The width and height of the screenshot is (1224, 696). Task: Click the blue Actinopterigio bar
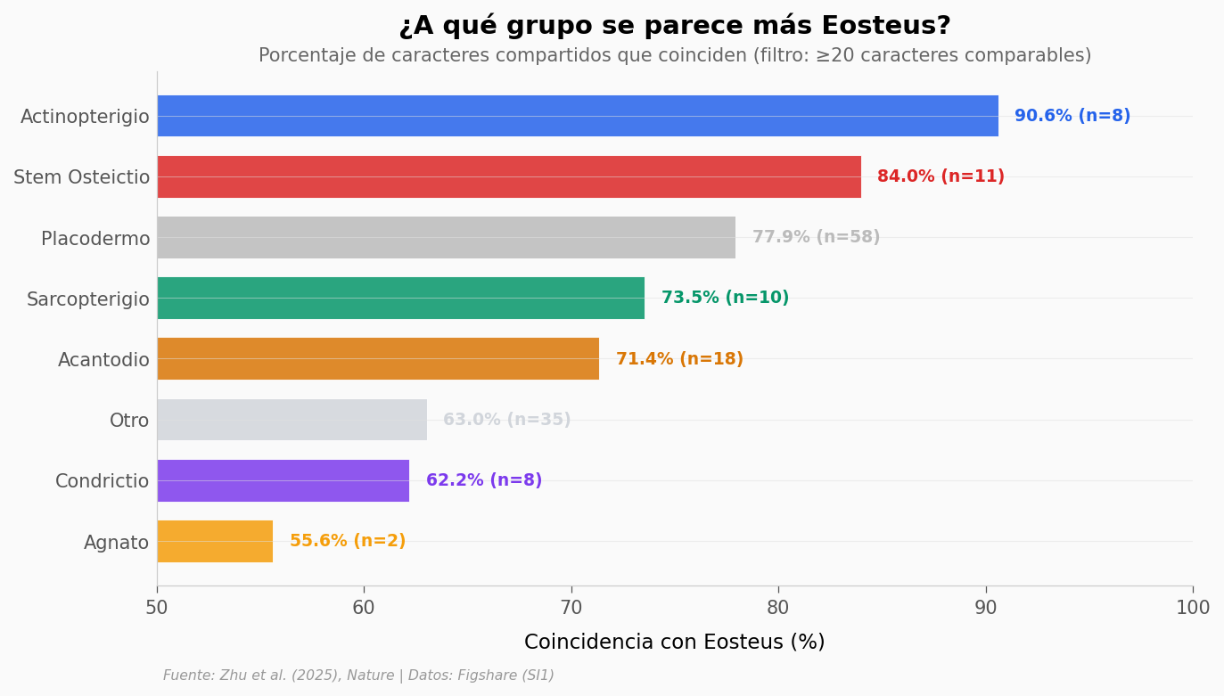tap(578, 116)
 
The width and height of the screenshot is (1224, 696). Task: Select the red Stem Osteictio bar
tap(509, 176)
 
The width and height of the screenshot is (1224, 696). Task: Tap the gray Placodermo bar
tap(446, 237)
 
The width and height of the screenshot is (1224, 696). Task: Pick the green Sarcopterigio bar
tap(400, 298)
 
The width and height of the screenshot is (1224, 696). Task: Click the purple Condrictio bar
tap(283, 480)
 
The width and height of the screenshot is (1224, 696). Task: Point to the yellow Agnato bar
tap(215, 541)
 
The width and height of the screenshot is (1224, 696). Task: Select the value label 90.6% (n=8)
tap(1072, 116)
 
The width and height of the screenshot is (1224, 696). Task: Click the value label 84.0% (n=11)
tap(941, 176)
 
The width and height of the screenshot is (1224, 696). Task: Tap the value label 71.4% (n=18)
tap(679, 359)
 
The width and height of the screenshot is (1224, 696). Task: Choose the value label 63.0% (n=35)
tap(506, 420)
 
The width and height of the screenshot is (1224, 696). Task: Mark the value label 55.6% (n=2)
tap(348, 541)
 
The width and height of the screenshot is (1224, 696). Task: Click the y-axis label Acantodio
tap(103, 360)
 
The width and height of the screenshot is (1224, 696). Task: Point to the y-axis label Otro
tap(129, 421)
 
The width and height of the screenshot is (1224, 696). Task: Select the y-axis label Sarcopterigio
tap(88, 299)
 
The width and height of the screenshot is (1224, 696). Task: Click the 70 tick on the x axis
tap(571, 608)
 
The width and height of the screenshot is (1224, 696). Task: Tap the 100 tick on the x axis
tap(1192, 608)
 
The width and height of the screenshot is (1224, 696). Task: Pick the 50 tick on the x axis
tap(157, 608)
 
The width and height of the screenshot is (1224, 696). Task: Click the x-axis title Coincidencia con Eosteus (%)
tap(674, 642)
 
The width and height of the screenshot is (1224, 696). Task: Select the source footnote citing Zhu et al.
tap(358, 676)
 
